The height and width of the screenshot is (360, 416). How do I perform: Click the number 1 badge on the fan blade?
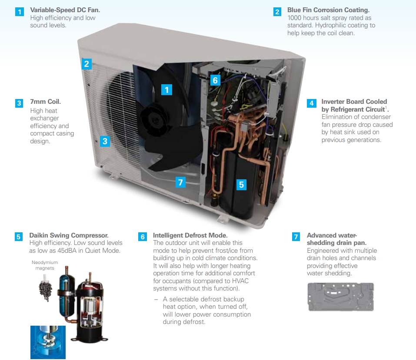pos(167,90)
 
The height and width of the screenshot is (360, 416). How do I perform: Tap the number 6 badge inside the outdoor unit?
pos(215,80)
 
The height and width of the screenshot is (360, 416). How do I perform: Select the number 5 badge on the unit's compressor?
pos(242,185)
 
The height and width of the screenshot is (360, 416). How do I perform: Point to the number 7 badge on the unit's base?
pos(181,182)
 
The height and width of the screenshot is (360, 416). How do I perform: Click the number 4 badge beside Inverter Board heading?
pos(311,103)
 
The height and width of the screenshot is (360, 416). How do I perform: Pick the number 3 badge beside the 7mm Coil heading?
pos(19,103)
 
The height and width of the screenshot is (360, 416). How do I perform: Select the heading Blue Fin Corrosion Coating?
pos(329,10)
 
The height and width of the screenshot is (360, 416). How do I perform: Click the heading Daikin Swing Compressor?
pos(69,235)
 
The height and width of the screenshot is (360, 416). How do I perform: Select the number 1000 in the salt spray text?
pos(296,18)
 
